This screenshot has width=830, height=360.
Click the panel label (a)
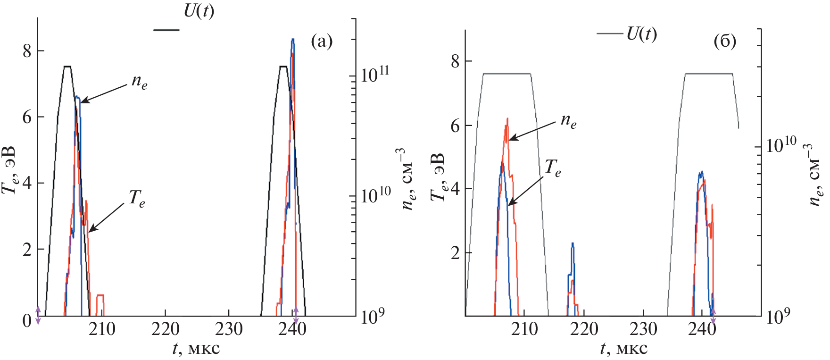click(x=322, y=42)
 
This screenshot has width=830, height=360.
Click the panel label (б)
click(x=725, y=42)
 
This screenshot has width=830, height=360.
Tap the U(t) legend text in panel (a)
click(x=199, y=11)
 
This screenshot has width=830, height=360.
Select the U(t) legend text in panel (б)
click(x=641, y=33)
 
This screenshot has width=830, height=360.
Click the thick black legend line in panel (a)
click(x=166, y=30)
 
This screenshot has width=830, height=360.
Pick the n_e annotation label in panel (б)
click(x=568, y=121)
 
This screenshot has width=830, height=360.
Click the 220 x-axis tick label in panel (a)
click(x=165, y=329)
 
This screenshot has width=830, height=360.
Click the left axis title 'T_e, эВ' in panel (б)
click(x=439, y=177)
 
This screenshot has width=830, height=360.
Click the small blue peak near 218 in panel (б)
click(x=573, y=244)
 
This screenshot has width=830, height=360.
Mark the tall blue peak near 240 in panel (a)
click(x=293, y=40)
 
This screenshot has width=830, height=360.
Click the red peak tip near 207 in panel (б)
click(x=507, y=119)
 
